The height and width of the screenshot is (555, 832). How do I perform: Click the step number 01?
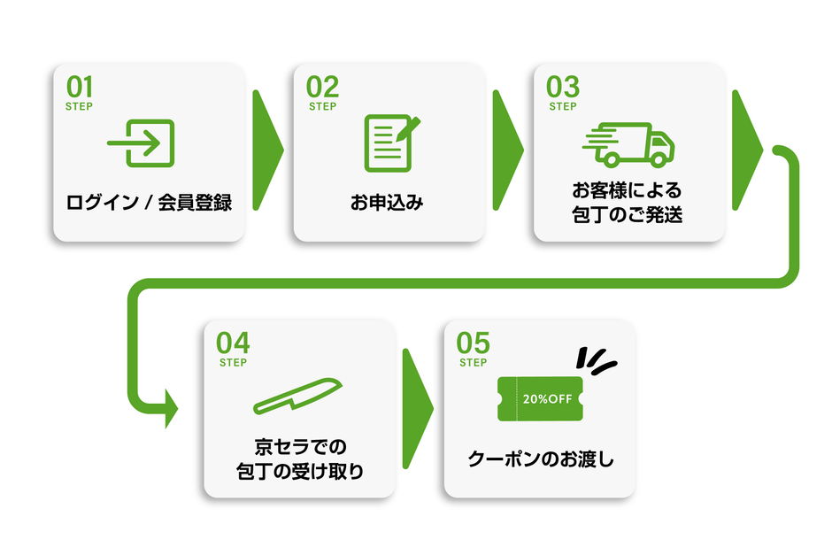[x=80, y=87]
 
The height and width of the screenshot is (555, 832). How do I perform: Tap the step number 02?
[x=322, y=87]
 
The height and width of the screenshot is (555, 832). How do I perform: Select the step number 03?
[x=563, y=87]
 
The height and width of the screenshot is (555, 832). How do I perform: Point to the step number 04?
[x=233, y=343]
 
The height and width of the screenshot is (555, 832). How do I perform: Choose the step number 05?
[x=473, y=343]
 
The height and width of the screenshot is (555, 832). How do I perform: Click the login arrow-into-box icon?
[x=142, y=143]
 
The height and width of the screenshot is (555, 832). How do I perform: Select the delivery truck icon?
[x=628, y=145]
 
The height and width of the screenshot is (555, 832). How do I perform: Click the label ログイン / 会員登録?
[x=149, y=203]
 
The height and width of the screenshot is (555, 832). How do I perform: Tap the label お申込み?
[x=387, y=203]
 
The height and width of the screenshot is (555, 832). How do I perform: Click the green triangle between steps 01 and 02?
[x=266, y=150]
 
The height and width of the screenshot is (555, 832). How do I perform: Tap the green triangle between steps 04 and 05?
[x=416, y=408]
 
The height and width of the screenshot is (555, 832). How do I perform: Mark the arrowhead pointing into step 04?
[x=169, y=409]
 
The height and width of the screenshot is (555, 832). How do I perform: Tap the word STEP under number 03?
[x=563, y=107]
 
